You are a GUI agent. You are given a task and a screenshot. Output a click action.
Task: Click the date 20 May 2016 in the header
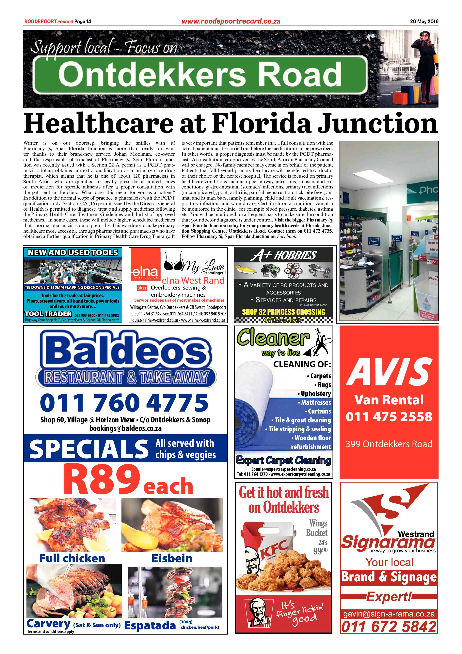click(x=424, y=21)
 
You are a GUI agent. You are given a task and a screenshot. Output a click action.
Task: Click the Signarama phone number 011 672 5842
click(x=389, y=627)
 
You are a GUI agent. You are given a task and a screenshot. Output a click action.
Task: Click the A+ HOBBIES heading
click(x=283, y=256)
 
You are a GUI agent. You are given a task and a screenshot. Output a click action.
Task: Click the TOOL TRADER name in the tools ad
click(x=48, y=314)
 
